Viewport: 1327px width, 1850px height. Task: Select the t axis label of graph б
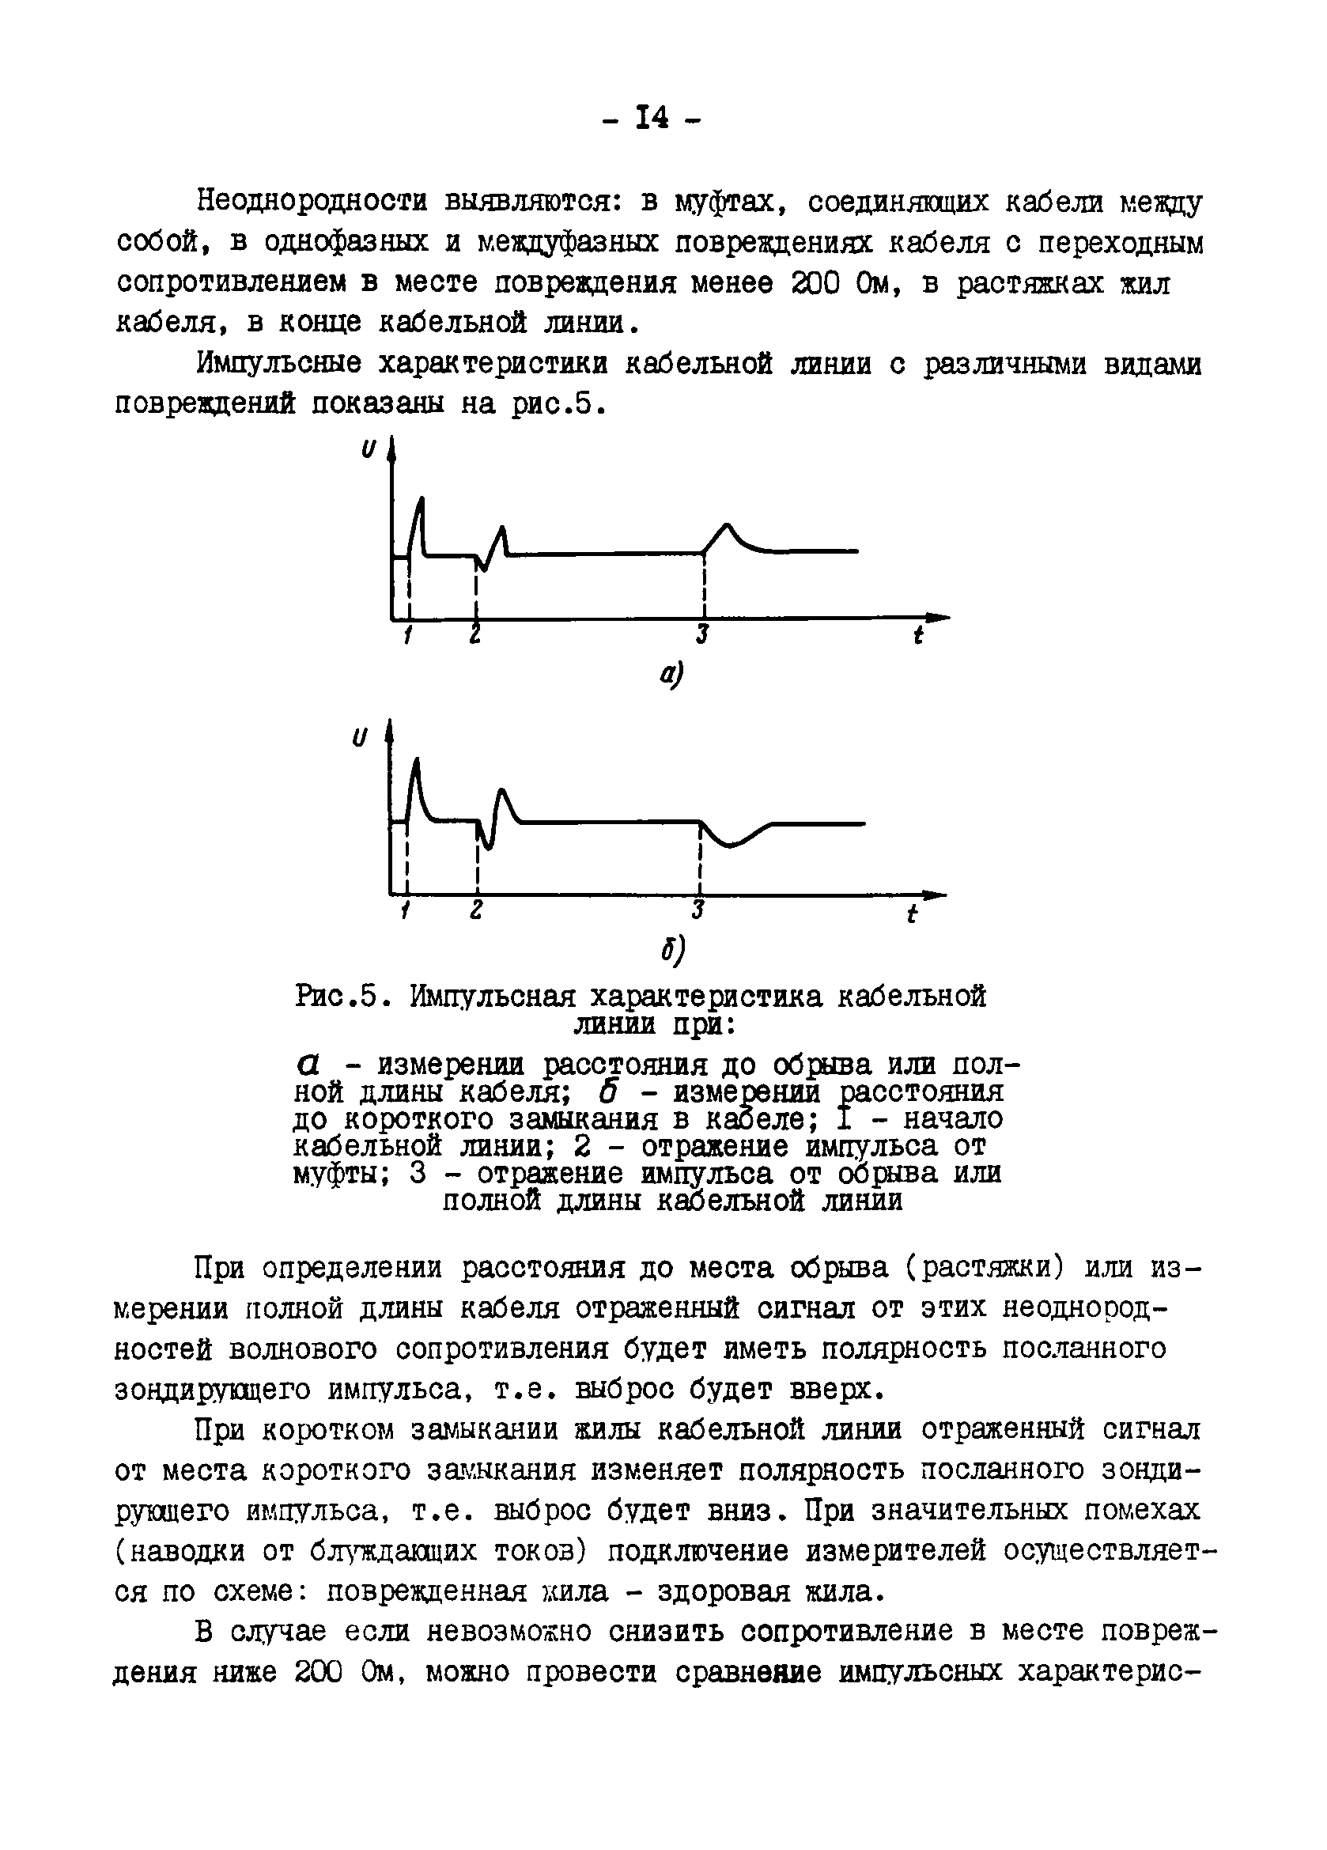(912, 914)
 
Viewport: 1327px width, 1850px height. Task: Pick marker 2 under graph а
(474, 634)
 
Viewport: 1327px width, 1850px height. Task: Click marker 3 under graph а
(702, 634)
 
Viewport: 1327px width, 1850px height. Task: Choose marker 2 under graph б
(476, 910)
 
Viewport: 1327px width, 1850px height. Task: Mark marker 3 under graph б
(698, 910)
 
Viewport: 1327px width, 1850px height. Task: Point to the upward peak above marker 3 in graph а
(728, 525)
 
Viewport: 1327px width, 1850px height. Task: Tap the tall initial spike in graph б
(417, 762)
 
